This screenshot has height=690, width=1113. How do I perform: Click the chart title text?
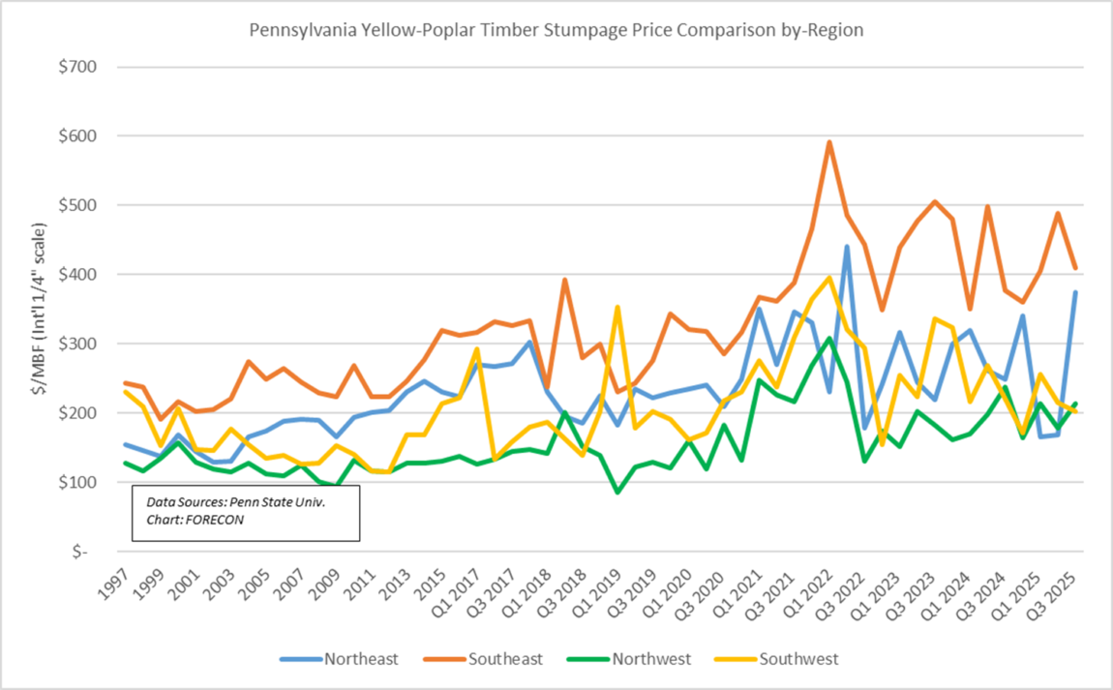(x=556, y=30)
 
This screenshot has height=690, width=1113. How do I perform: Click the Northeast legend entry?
(x=360, y=659)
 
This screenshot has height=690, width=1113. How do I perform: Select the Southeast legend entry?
(x=504, y=659)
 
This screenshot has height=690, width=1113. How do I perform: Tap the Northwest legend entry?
(x=649, y=659)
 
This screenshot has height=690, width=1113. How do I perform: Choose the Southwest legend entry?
(x=798, y=659)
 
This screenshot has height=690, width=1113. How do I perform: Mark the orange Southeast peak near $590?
(x=829, y=142)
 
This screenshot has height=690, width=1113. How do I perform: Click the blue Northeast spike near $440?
(x=847, y=247)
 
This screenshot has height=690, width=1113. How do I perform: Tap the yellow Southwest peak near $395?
(x=829, y=278)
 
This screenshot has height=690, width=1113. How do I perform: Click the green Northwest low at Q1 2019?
(x=617, y=492)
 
